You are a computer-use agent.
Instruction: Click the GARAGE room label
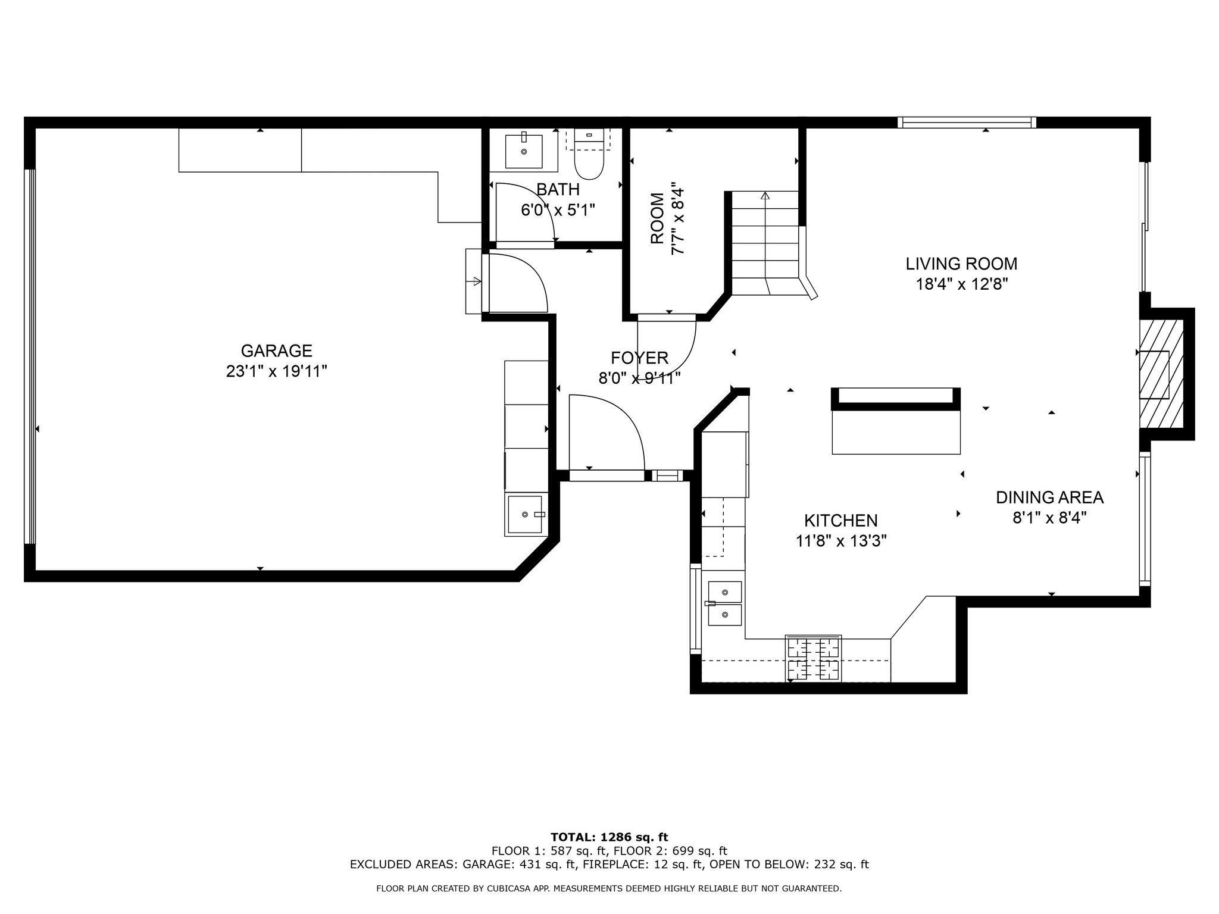(x=276, y=350)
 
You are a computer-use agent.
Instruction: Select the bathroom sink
(x=524, y=151)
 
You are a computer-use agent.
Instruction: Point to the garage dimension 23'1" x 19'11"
(x=276, y=371)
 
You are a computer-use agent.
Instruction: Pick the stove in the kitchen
(x=813, y=658)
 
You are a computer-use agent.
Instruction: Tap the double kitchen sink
(x=725, y=603)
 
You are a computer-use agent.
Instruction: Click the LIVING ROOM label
(x=961, y=264)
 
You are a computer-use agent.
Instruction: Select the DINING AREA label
(x=1050, y=497)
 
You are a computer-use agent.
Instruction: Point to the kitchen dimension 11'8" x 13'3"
(x=841, y=541)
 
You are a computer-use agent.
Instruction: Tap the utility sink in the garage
(x=525, y=514)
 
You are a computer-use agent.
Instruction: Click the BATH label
(x=558, y=190)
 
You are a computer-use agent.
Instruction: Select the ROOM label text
(x=657, y=218)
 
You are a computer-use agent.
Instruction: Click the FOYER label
(x=639, y=358)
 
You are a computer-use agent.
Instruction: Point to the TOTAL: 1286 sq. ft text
(x=609, y=838)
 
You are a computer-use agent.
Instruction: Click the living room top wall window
(x=967, y=123)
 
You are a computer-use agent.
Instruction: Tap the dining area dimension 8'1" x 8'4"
(x=1050, y=518)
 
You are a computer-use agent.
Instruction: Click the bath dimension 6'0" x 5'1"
(x=558, y=210)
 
